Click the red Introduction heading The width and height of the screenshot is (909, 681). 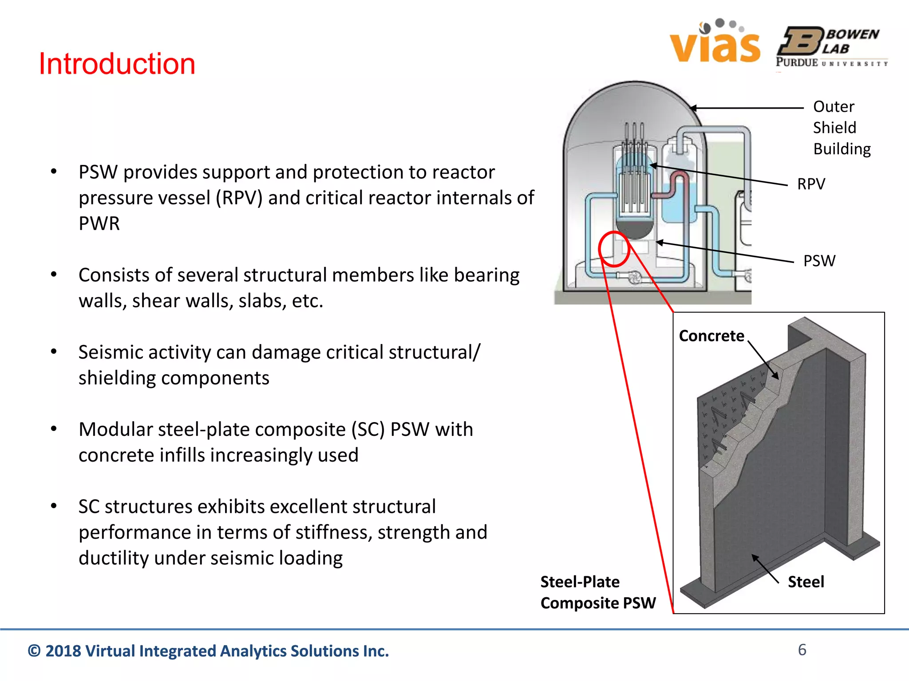[117, 63]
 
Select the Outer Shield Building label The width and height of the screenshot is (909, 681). [841, 128]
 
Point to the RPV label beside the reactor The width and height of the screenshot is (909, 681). [810, 184]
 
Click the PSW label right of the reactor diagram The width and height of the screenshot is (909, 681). [819, 261]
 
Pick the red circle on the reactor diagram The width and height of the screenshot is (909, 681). [614, 249]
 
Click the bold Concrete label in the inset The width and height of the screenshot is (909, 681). [711, 336]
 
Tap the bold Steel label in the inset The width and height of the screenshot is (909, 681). [806, 582]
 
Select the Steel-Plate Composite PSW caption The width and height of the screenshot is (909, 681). [597, 592]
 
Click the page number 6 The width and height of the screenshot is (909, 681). [802, 650]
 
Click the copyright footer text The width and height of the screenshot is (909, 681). [208, 651]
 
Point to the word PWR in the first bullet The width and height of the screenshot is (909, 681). [99, 223]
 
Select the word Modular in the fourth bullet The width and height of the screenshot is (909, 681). [115, 430]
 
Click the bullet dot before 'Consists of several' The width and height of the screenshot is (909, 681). [54, 275]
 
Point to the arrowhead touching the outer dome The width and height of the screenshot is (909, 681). [692, 108]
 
